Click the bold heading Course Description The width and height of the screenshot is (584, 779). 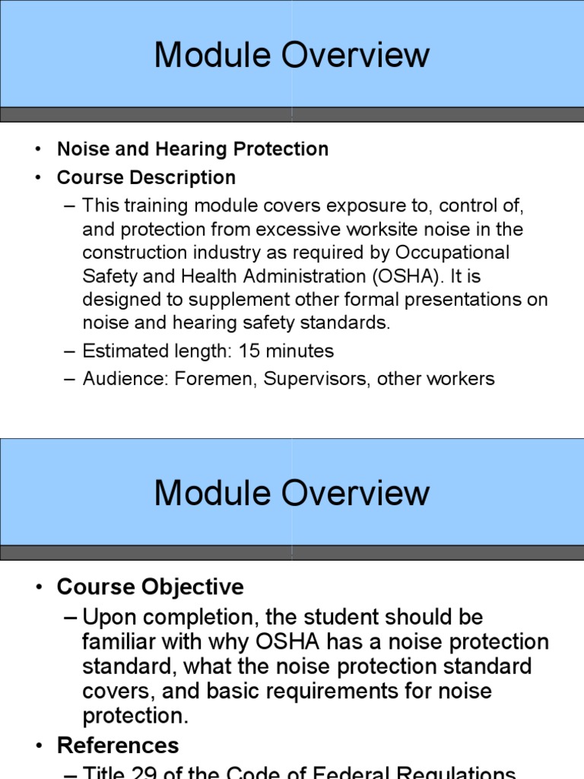[146, 178]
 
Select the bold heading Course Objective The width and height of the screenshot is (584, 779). [150, 587]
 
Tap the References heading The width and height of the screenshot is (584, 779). [118, 745]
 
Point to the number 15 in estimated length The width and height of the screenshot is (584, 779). [249, 351]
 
